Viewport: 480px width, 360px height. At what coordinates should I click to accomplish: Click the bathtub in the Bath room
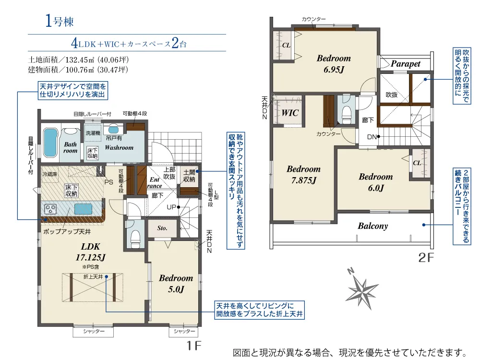click(x=50, y=143)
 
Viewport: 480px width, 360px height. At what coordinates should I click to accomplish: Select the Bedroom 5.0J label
click(x=176, y=284)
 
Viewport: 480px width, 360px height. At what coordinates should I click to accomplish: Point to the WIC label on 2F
click(x=290, y=113)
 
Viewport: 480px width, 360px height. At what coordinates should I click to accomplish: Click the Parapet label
click(x=406, y=64)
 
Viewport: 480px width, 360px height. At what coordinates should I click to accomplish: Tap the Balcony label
click(x=373, y=226)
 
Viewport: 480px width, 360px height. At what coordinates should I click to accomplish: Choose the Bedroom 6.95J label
click(x=334, y=64)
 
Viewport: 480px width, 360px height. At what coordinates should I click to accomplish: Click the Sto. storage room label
click(x=162, y=228)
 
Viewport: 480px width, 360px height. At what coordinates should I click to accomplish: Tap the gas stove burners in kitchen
click(x=50, y=209)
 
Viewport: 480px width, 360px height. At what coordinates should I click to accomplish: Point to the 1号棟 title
click(x=60, y=22)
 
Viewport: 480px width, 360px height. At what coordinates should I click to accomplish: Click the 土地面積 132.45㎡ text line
click(x=78, y=60)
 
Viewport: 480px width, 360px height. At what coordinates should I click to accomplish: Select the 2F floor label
click(x=426, y=258)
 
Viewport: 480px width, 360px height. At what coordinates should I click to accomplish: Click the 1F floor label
click(x=194, y=346)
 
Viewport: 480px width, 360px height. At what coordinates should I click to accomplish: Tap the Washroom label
click(x=119, y=147)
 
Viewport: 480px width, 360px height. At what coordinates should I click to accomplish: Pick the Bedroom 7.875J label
click(x=304, y=175)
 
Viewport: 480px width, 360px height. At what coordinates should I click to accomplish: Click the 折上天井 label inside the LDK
click(x=93, y=277)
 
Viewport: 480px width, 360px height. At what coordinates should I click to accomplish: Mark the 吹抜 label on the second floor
click(x=392, y=95)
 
